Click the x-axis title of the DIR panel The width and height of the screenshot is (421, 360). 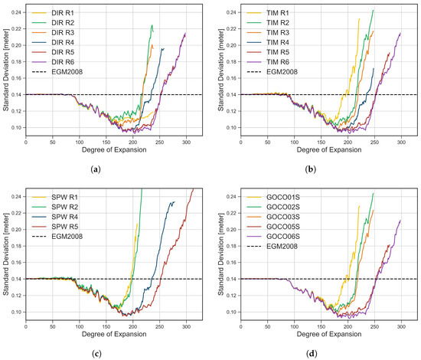click(x=115, y=149)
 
